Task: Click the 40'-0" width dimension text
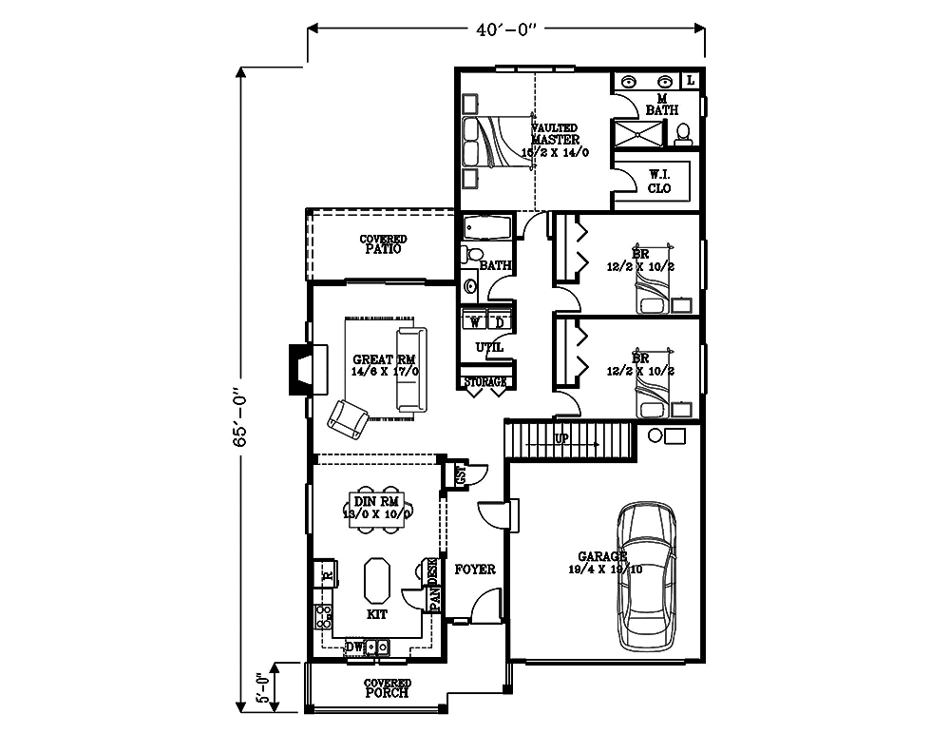coord(506,29)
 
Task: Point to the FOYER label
coord(475,570)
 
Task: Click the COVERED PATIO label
coord(383,244)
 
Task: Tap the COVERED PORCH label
coord(388,688)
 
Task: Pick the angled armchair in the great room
coord(347,418)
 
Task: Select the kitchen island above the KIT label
coord(376,580)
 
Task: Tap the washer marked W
coord(474,321)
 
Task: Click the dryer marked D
coord(500,321)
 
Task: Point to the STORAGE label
coord(484,382)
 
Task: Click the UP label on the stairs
coord(560,440)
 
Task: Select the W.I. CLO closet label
coord(659,181)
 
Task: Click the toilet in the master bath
coord(683,140)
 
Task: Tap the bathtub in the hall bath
coord(486,228)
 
